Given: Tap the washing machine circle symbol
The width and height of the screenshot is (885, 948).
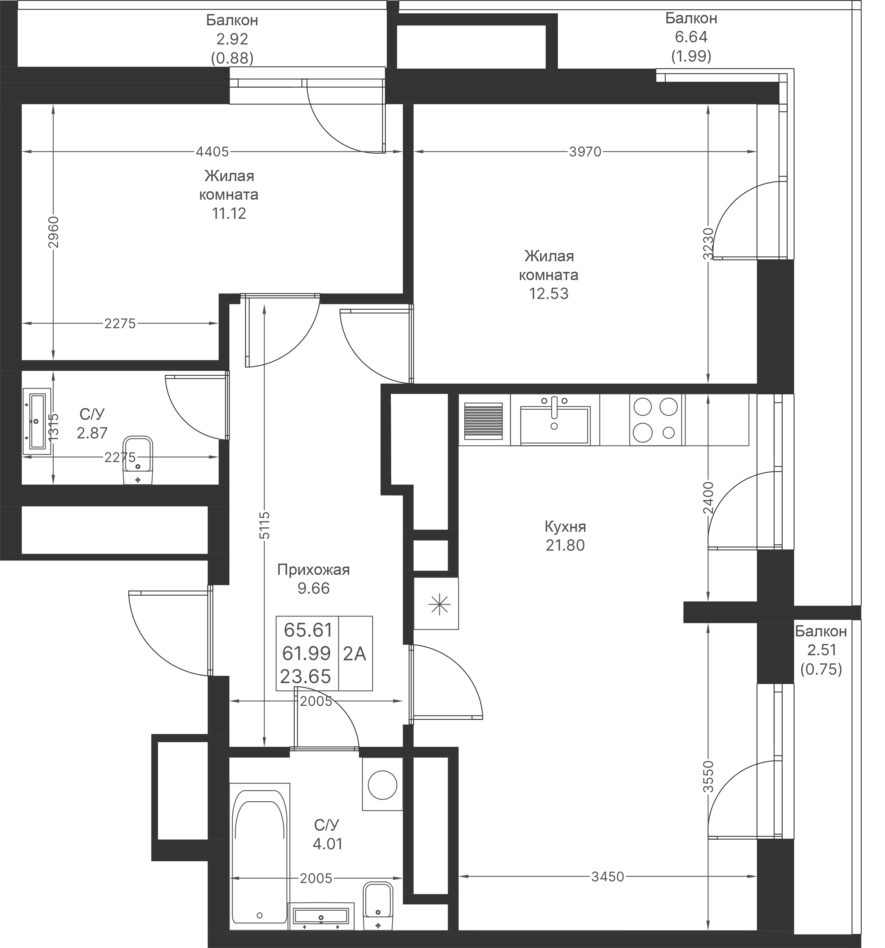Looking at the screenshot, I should coord(382,784).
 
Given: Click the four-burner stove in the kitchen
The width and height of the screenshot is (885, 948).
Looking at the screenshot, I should coord(656,420).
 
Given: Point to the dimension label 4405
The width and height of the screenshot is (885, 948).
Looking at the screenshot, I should coord(212,152).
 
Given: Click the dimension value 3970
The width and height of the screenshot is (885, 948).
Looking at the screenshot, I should coord(585,152).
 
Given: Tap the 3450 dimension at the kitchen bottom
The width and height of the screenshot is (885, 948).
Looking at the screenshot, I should coord(607,877).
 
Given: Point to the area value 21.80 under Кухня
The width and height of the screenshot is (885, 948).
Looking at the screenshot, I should coord(565,545).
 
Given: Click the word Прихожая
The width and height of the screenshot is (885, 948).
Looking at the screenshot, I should coord(313,569).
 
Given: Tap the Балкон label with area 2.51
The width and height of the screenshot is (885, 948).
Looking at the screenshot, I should coord(821,631).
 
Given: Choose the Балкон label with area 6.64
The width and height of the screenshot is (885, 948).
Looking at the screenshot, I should coord(691,18).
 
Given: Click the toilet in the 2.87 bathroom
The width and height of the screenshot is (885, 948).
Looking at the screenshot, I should coord(138,460).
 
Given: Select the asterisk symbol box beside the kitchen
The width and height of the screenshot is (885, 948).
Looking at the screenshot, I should coord(436,604).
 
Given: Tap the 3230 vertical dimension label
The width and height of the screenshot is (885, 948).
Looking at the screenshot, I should coord(708,244).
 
